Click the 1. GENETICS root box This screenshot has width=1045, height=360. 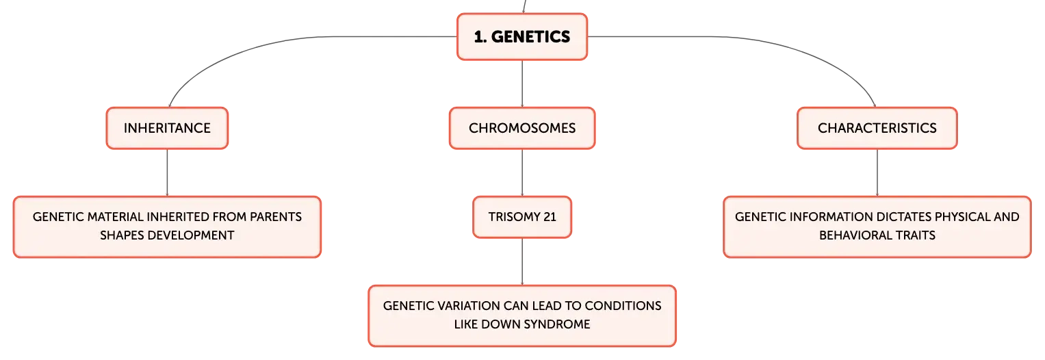(522, 37)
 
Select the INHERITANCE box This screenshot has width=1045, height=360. (167, 128)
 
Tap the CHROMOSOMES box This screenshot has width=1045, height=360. (522, 128)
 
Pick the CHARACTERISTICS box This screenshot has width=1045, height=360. (877, 128)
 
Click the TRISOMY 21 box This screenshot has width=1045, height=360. (522, 218)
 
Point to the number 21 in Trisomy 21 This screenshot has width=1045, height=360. (550, 217)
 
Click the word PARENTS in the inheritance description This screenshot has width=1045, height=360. (276, 217)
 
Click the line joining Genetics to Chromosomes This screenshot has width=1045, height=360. (522, 84)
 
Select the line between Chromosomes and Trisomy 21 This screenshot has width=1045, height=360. (522, 173)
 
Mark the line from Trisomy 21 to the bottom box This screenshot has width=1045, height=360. (522, 262)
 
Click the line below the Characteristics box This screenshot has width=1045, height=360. (877, 173)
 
